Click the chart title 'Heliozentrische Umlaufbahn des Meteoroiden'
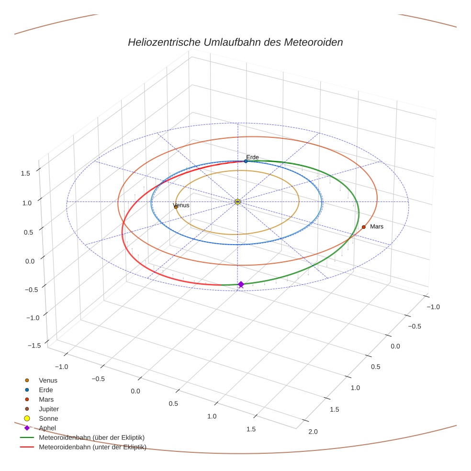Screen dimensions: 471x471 (x=235, y=42)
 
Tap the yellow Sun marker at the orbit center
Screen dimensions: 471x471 (x=238, y=202)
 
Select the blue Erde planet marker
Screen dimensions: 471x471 (x=246, y=161)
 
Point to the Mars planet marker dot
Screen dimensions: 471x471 (x=364, y=227)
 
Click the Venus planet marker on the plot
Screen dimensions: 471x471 (x=176, y=207)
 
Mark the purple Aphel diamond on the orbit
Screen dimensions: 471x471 (x=241, y=284)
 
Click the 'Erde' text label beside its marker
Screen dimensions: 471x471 (x=252, y=157)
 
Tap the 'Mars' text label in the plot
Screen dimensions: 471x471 (x=377, y=226)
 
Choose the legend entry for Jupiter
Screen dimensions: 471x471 (x=48, y=409)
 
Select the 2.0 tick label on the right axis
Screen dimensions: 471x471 (x=313, y=432)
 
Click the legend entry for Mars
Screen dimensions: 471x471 (x=46, y=399)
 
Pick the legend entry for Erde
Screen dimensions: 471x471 (x=46, y=390)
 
